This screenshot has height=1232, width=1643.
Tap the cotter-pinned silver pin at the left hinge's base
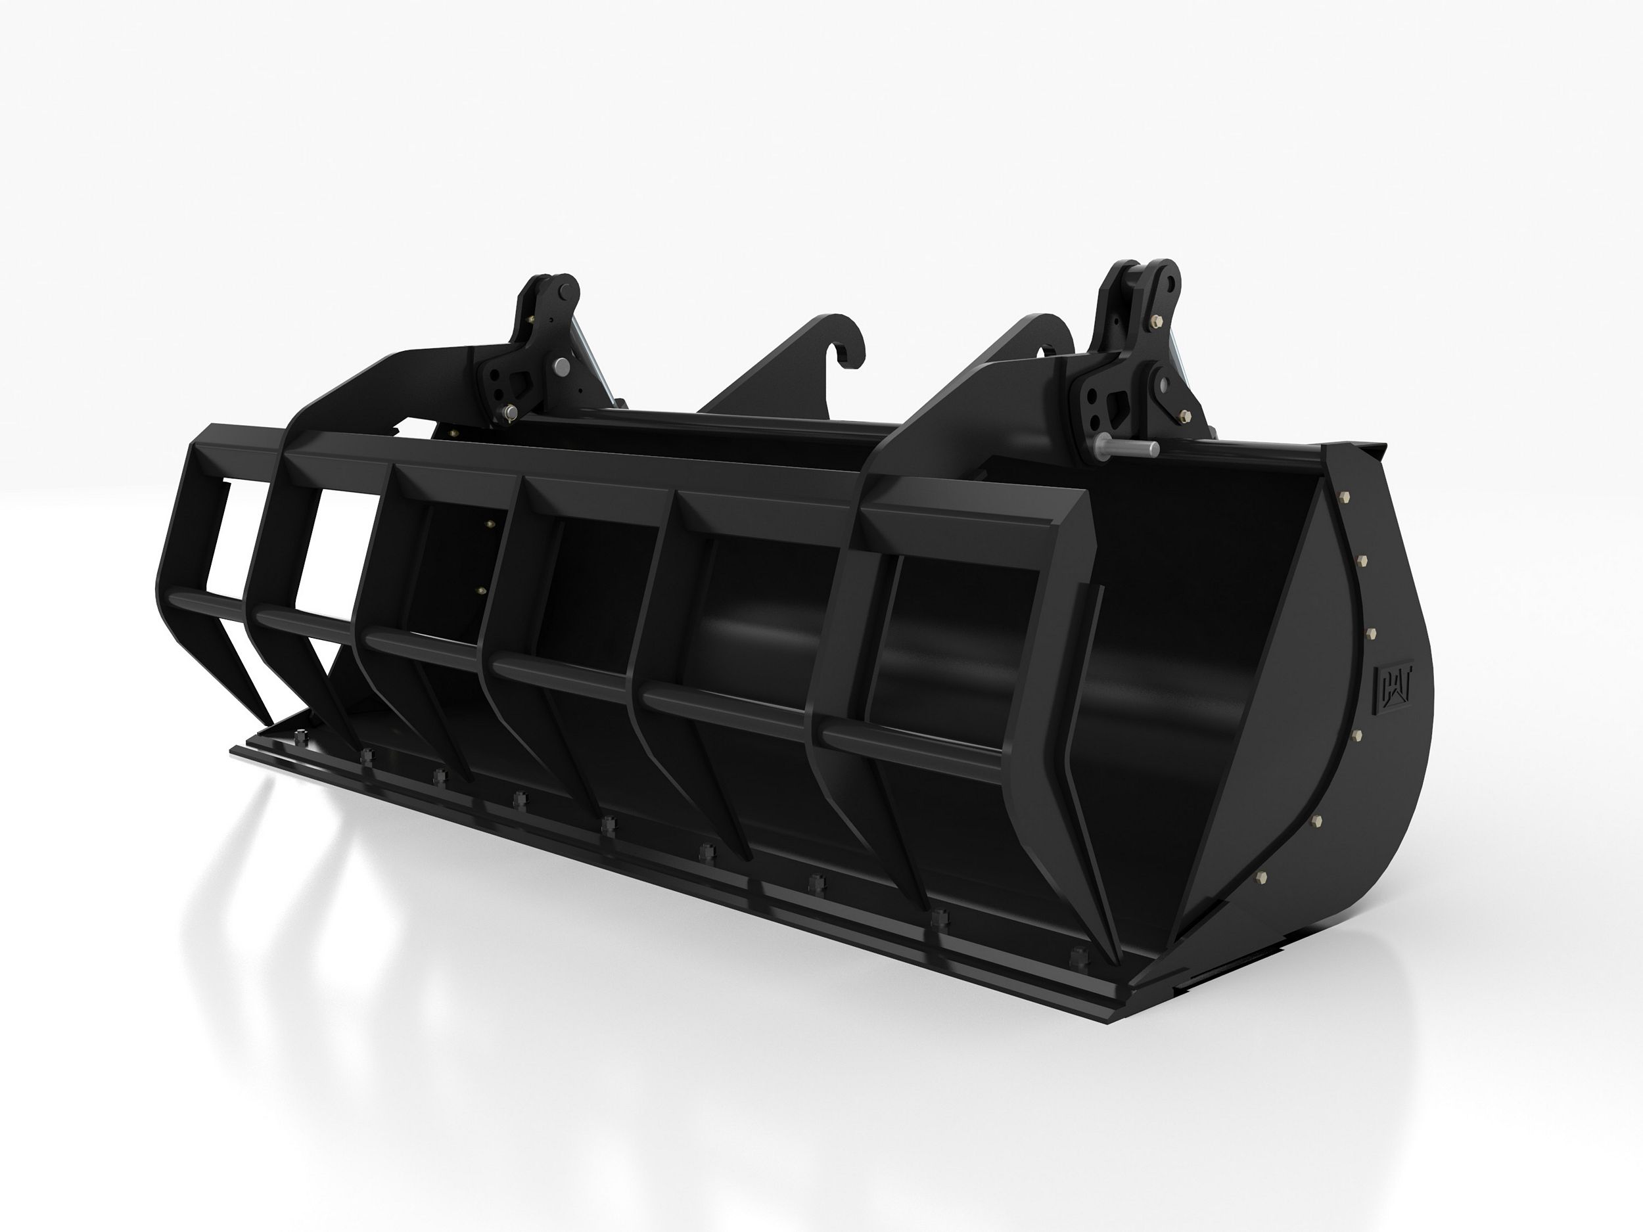coord(510,412)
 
